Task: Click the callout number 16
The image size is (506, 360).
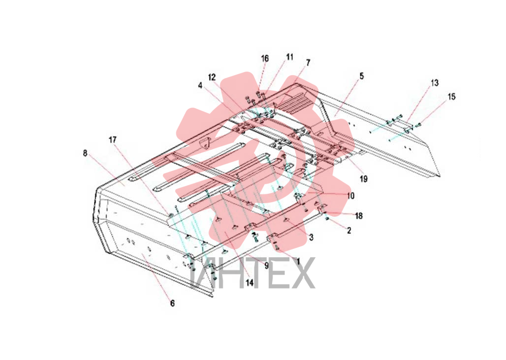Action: tap(265, 59)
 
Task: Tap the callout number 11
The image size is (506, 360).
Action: tap(290, 57)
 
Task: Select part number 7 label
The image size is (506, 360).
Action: tap(308, 62)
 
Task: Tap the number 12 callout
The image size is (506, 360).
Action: tap(212, 77)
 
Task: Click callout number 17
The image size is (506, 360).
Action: tap(113, 140)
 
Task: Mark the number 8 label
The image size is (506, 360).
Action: tap(85, 153)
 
